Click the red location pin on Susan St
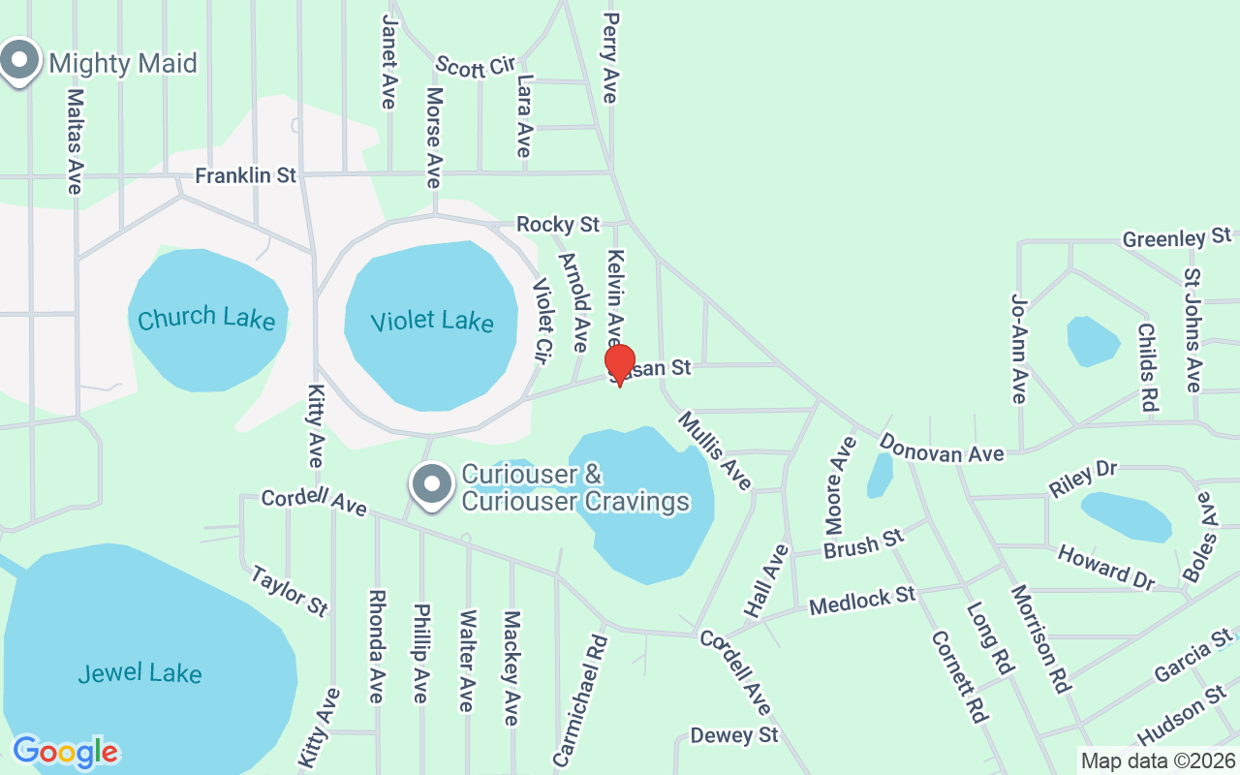coord(620,363)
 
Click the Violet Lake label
coord(432,322)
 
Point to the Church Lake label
coord(206,319)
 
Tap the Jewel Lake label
coord(140,673)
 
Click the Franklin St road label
coord(245,176)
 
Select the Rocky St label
coord(558,225)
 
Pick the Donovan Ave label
coord(942,449)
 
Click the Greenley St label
coord(1176,238)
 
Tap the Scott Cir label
coord(475,65)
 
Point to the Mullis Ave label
coord(715,450)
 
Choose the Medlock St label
coord(862,600)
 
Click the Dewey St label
coord(734,735)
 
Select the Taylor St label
coord(289,590)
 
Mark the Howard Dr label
coord(1105,568)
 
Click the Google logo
coord(65,752)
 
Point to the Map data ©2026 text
coord(1158,761)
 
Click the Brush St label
coord(863,544)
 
